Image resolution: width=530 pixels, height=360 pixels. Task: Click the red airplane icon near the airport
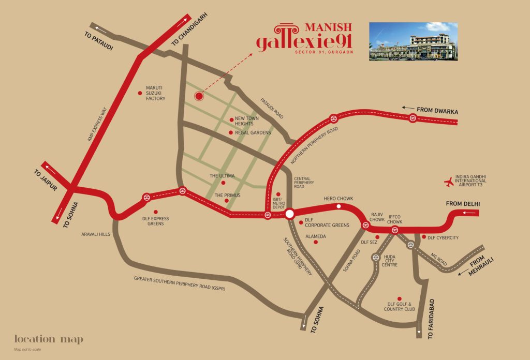click(x=449, y=182)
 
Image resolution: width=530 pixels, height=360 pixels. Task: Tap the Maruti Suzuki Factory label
click(x=155, y=93)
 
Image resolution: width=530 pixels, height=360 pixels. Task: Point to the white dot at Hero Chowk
click(x=338, y=206)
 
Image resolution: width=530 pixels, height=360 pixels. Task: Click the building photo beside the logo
click(x=413, y=41)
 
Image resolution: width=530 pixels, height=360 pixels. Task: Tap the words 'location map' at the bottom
click(x=49, y=339)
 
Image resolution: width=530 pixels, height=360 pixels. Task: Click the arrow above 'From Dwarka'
click(x=420, y=104)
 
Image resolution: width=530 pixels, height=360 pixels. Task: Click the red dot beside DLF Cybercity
click(x=423, y=237)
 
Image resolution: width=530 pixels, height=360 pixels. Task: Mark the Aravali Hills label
click(x=96, y=234)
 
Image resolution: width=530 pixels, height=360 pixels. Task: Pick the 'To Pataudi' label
click(x=98, y=42)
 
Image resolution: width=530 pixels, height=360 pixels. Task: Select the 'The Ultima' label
click(x=222, y=176)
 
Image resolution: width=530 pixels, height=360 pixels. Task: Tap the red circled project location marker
click(x=199, y=96)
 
